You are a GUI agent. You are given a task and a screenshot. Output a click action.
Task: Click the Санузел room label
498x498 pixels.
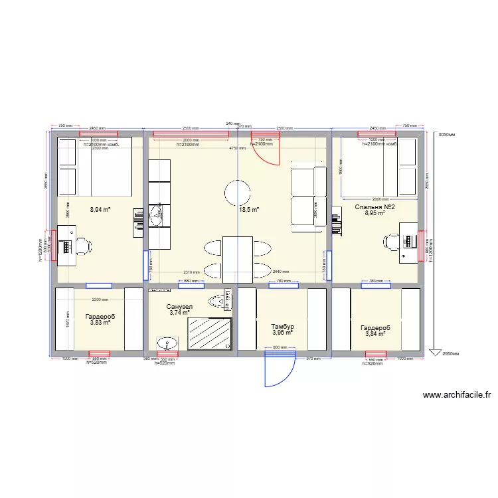[x=180, y=306]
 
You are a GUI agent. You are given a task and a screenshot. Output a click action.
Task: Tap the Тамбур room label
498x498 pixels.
[x=282, y=327]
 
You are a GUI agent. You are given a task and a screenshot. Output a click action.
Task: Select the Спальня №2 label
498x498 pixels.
[x=375, y=207]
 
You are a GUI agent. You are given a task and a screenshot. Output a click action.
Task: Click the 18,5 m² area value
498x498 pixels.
[x=248, y=209]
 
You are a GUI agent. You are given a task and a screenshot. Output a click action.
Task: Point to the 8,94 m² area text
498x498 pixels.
[x=100, y=209]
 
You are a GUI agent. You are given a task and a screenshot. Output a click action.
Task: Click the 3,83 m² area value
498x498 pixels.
[x=100, y=323]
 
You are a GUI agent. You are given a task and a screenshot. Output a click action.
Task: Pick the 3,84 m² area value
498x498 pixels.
[x=375, y=334]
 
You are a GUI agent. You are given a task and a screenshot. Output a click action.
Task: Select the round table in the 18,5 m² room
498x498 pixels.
[x=238, y=194]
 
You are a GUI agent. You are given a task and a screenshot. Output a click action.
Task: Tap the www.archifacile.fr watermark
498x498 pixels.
[x=456, y=395]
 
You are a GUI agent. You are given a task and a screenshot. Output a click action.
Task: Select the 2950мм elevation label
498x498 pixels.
[x=450, y=354]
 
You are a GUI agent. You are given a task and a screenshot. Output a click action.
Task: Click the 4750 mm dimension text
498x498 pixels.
[x=237, y=149]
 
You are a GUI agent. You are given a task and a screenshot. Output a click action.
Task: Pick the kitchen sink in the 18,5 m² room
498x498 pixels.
[x=157, y=213]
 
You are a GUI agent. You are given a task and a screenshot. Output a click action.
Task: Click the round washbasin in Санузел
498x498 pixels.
[x=167, y=343]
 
